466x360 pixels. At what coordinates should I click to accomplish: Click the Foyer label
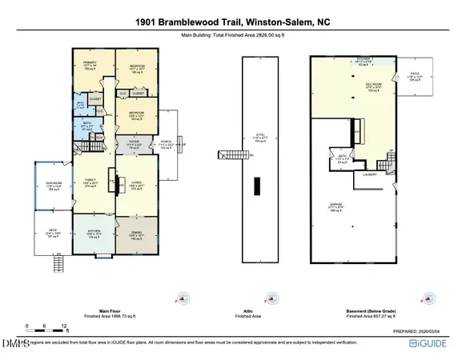[135, 144]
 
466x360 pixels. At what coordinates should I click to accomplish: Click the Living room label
[135, 184]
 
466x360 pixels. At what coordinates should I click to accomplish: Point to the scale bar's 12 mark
[62, 327]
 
